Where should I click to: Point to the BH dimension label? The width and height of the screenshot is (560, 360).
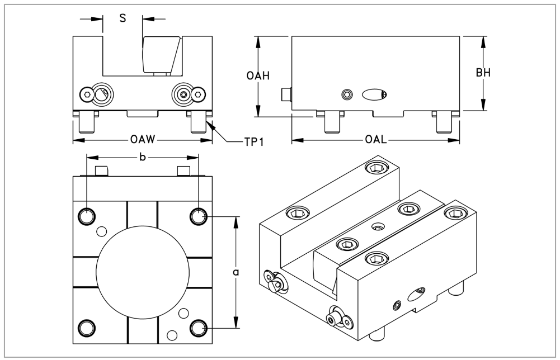(x=484, y=73)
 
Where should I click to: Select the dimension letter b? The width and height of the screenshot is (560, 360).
(x=143, y=158)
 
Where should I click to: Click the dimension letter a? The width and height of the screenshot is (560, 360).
(x=236, y=272)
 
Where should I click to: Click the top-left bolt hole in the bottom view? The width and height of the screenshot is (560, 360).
(x=87, y=216)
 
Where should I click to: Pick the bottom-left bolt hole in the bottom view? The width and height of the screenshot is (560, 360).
(x=87, y=326)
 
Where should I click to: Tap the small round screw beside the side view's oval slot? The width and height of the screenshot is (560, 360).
(x=347, y=94)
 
